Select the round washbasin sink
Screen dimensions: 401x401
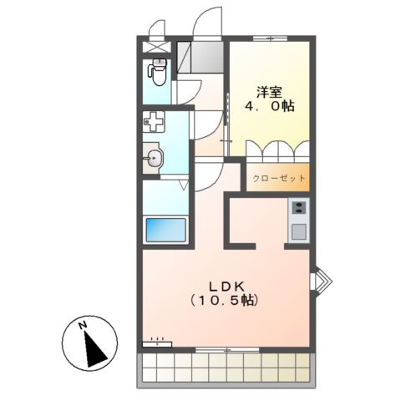click(x=154, y=159)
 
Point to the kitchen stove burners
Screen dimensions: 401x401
click(x=298, y=208)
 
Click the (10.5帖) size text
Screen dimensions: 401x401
click(x=222, y=298)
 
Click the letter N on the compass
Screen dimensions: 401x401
click(x=81, y=326)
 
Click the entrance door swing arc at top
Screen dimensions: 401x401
click(x=205, y=18)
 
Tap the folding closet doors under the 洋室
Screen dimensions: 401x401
click(x=277, y=152)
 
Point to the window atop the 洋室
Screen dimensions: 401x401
click(x=270, y=38)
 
